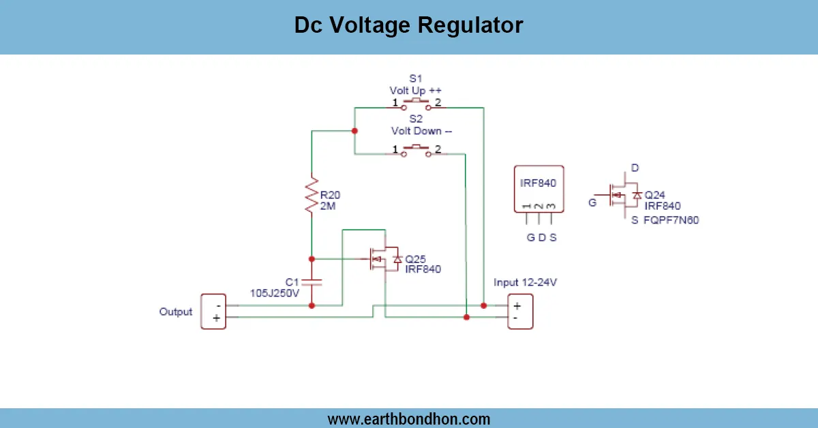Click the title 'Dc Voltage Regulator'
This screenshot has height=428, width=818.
(x=408, y=25)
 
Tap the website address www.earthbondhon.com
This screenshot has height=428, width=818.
(x=408, y=418)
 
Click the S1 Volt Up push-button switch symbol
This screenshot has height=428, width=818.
(x=416, y=105)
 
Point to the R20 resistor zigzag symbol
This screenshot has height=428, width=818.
(x=312, y=194)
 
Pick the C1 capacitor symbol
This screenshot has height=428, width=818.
(x=312, y=281)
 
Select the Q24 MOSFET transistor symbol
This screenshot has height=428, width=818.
(x=622, y=196)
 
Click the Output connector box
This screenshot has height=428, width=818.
(x=213, y=311)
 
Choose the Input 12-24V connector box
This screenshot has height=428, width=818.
(x=520, y=311)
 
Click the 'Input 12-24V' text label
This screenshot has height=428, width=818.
(x=522, y=283)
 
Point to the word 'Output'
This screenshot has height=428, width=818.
(x=176, y=311)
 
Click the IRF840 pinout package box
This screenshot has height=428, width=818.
(x=538, y=189)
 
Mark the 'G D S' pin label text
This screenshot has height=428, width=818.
(x=541, y=238)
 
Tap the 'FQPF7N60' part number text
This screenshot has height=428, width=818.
(x=671, y=220)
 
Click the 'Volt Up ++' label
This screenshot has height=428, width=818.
(x=416, y=90)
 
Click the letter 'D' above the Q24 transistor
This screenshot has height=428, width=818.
(x=635, y=168)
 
